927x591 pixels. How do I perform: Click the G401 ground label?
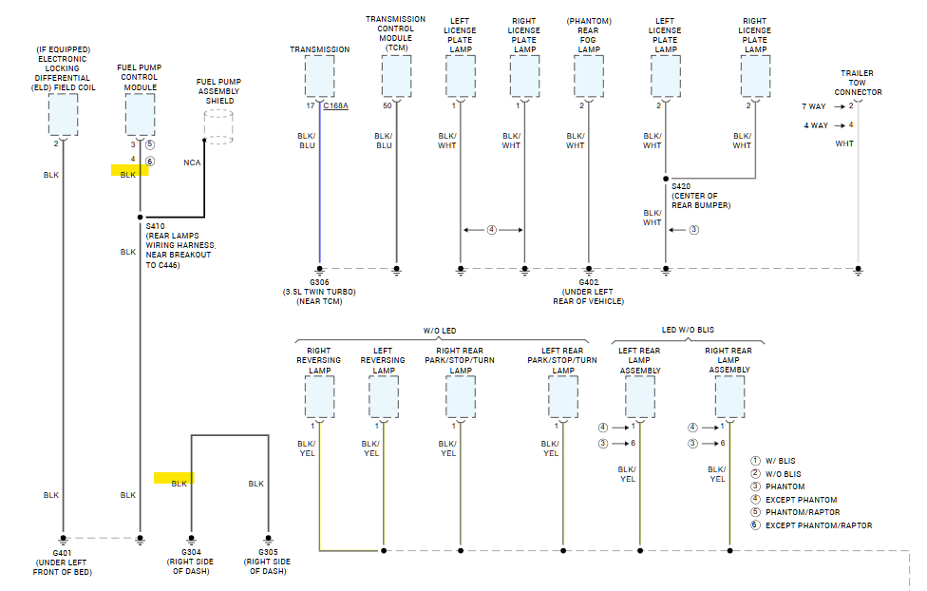[x=63, y=554]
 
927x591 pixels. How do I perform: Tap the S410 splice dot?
[x=140, y=217]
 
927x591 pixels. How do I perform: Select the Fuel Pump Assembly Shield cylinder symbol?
[x=219, y=126]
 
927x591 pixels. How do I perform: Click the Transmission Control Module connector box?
[x=397, y=76]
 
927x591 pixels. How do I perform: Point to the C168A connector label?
[x=335, y=105]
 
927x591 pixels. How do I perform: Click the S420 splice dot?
[x=666, y=178]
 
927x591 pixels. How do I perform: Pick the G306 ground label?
[x=318, y=282]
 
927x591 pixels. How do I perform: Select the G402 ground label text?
[x=588, y=282]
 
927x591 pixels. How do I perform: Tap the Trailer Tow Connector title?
[x=857, y=83]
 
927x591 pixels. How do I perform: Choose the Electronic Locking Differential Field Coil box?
[x=63, y=114]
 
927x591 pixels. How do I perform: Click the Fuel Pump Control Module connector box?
[x=140, y=114]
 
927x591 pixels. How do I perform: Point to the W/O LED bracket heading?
[x=440, y=331]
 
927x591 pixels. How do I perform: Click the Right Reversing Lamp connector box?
[x=319, y=396]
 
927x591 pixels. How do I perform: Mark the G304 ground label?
[x=191, y=554]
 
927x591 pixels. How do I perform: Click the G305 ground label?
[x=267, y=554]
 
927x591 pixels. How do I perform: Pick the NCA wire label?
[x=192, y=162]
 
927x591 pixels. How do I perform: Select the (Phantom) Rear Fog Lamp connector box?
[x=588, y=76]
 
